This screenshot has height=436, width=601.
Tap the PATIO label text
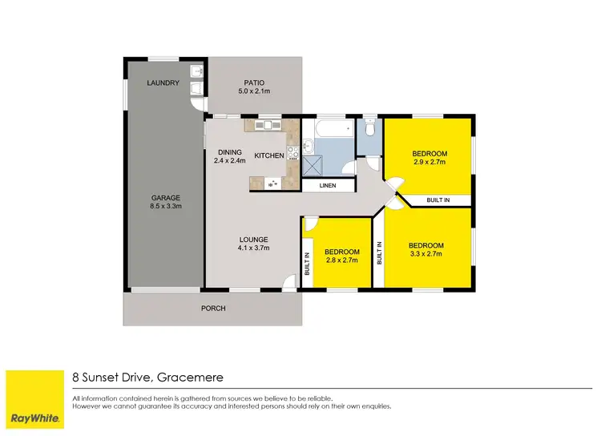point(255,83)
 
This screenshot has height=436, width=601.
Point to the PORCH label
point(213,309)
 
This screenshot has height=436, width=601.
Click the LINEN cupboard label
point(328,186)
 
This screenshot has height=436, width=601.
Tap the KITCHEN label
point(268,155)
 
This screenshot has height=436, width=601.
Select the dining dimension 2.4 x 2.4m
point(230,160)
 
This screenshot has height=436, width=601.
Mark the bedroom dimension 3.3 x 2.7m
point(426,254)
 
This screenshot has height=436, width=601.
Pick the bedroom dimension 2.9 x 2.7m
point(430,162)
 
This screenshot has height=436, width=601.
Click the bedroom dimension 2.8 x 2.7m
point(342,260)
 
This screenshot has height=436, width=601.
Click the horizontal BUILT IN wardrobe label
point(438,200)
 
